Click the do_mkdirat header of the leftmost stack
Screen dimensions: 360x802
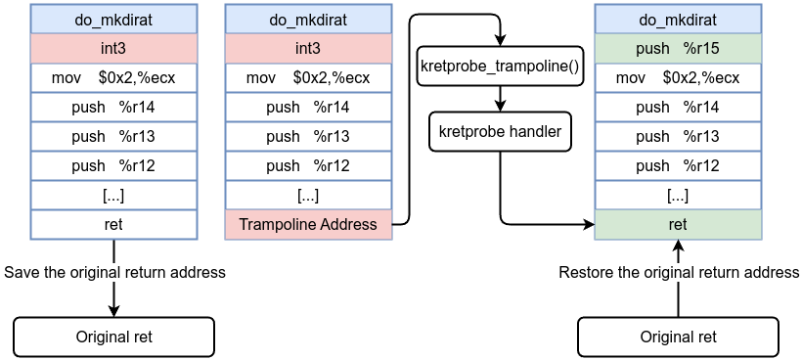click(113, 20)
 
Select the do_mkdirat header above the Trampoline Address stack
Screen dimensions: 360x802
click(308, 20)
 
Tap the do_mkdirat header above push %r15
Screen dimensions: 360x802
click(677, 20)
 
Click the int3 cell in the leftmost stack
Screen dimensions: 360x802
click(113, 49)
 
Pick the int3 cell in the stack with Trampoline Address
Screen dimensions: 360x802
click(308, 49)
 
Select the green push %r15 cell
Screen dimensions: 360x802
click(677, 49)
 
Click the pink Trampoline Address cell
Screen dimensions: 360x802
click(308, 224)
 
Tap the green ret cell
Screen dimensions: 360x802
click(677, 224)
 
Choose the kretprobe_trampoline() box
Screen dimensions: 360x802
click(501, 67)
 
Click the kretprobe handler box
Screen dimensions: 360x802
click(501, 132)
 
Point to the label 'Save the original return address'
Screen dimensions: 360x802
click(115, 272)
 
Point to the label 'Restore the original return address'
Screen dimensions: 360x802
click(679, 272)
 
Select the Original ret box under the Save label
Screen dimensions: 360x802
click(113, 337)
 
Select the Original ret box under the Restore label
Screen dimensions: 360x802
click(678, 337)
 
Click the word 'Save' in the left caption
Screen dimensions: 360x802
click(22, 272)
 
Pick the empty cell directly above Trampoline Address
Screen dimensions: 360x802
click(308, 195)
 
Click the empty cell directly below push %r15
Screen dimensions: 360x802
click(677, 78)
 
